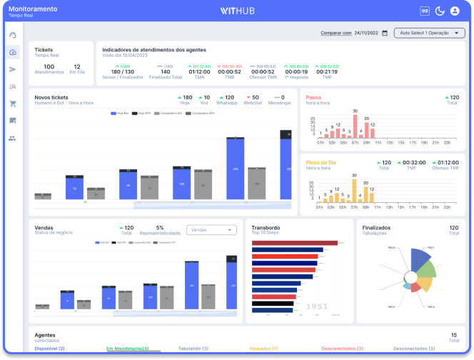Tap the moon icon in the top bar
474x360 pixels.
click(440, 11)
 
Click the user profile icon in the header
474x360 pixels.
click(455, 11)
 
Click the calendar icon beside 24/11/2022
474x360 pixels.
click(385, 33)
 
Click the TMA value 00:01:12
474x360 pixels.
click(199, 71)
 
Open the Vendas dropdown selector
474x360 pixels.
click(211, 230)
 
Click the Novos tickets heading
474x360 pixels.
click(51, 96)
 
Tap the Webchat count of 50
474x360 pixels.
click(253, 99)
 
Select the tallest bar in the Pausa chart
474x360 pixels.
click(355, 125)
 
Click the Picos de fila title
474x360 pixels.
click(321, 162)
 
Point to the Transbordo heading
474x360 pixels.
click(266, 228)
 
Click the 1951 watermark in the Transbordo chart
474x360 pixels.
click(316, 306)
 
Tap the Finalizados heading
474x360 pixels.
click(376, 228)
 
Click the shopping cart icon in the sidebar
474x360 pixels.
click(13, 104)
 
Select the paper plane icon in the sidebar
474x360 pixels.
click(13, 69)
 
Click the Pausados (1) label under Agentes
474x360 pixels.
click(263, 349)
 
